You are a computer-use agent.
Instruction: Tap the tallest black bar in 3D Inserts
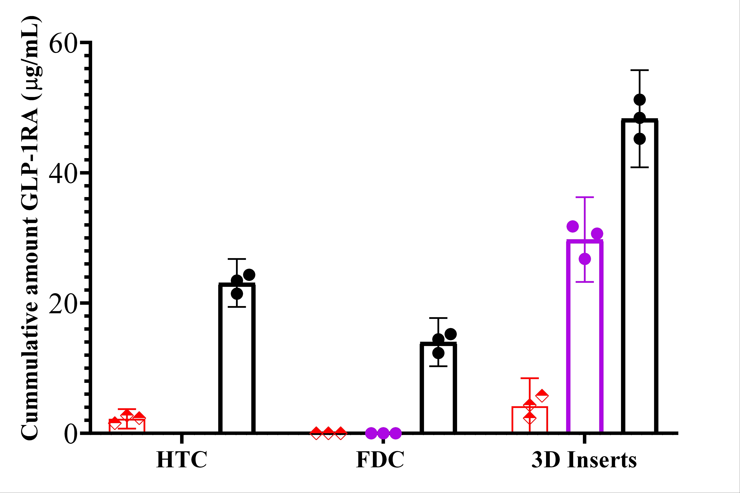tap(640, 276)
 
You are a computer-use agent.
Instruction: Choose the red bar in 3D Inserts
tap(530, 420)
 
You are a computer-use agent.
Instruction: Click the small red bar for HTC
tap(127, 426)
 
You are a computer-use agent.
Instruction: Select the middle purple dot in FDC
tap(383, 433)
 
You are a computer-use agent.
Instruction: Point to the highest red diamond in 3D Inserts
tap(542, 396)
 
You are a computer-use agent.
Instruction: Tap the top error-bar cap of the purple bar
tap(585, 197)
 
